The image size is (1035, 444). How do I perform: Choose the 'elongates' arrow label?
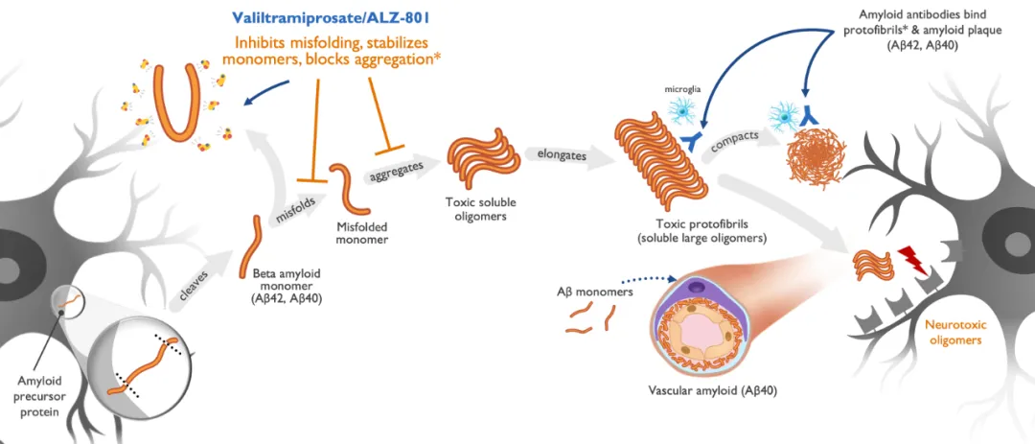563,152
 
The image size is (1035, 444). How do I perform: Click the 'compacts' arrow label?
733,139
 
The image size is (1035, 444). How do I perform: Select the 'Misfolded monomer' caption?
362,233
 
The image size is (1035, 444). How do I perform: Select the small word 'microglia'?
682,91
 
